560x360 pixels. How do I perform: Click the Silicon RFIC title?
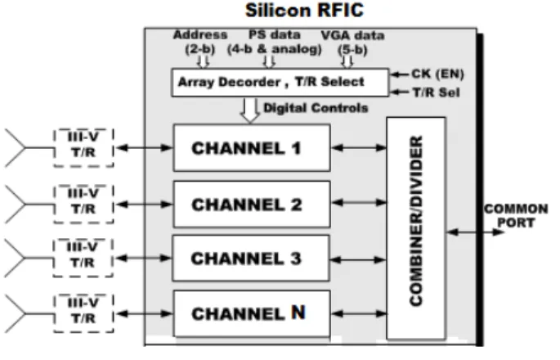pyautogui.click(x=304, y=10)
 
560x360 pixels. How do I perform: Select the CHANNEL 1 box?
pyautogui.click(x=252, y=147)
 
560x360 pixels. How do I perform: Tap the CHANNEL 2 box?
pyautogui.click(x=252, y=204)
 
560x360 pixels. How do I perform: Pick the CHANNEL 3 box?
pyautogui.click(x=251, y=258)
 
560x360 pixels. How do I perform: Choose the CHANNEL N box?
pyautogui.click(x=252, y=313)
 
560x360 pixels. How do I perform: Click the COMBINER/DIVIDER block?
pyautogui.click(x=416, y=227)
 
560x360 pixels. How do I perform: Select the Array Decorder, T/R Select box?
pyautogui.click(x=280, y=82)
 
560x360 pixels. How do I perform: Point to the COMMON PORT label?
pyautogui.click(x=516, y=215)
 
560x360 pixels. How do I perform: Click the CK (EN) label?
pyautogui.click(x=438, y=74)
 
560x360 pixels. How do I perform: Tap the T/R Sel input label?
pyautogui.click(x=436, y=92)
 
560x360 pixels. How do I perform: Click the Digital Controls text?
pyautogui.click(x=316, y=108)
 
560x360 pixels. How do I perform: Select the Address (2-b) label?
pyautogui.click(x=200, y=42)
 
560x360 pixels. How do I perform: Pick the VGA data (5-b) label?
pyautogui.click(x=352, y=43)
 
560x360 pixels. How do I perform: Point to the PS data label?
pyautogui.click(x=275, y=35)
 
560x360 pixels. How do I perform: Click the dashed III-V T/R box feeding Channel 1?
pyautogui.click(x=83, y=147)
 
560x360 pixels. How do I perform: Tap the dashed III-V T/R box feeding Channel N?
pyautogui.click(x=83, y=313)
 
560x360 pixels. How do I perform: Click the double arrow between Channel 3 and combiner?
pyautogui.click(x=358, y=260)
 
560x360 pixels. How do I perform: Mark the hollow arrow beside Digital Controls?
pyautogui.click(x=250, y=110)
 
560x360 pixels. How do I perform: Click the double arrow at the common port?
pyautogui.click(x=475, y=232)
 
